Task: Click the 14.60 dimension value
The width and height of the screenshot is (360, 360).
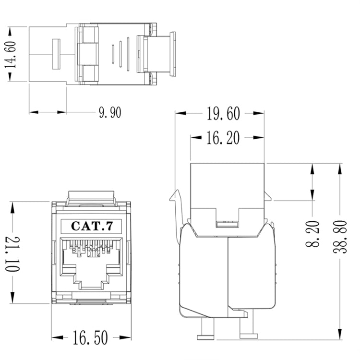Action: pos(11,54)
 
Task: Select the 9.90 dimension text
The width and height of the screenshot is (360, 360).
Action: pos(110,112)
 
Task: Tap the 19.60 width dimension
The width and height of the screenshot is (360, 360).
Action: pos(223,114)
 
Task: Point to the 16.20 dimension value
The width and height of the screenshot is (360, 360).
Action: pos(223,139)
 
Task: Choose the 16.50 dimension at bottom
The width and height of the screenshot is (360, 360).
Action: pos(90,337)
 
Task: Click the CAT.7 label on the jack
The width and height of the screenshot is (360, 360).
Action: pos(91,225)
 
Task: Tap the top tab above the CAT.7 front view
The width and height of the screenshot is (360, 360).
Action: pos(91,197)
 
